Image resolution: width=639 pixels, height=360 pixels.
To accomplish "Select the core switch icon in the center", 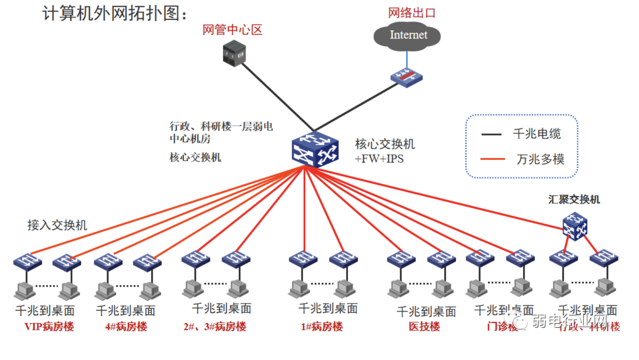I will coord(315,149).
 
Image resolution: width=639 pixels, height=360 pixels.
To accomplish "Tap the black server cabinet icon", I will coord(234,53).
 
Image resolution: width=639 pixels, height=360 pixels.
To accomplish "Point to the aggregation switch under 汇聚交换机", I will coord(574,226).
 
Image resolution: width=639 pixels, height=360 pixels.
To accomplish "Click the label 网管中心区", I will coord(232,30).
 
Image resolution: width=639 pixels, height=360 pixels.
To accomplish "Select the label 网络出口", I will coord(412,12).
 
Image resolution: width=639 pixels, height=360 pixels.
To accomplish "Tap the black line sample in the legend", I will coord(492,134).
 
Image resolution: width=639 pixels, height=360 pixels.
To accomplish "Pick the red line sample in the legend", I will coord(492,159).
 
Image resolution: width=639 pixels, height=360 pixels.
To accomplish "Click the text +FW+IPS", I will coord(379,159).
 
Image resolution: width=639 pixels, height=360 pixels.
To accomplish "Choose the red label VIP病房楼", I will coord(49,327).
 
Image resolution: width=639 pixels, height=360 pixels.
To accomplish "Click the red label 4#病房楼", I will coord(126,327).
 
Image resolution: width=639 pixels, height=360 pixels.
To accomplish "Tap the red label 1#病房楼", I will coord(322,327).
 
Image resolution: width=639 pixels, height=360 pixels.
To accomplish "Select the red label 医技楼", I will coord(424,327).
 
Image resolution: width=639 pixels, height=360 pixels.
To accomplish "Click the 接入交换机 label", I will coord(57,225).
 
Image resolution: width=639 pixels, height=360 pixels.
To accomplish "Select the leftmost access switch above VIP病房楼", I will coord(27,262).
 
